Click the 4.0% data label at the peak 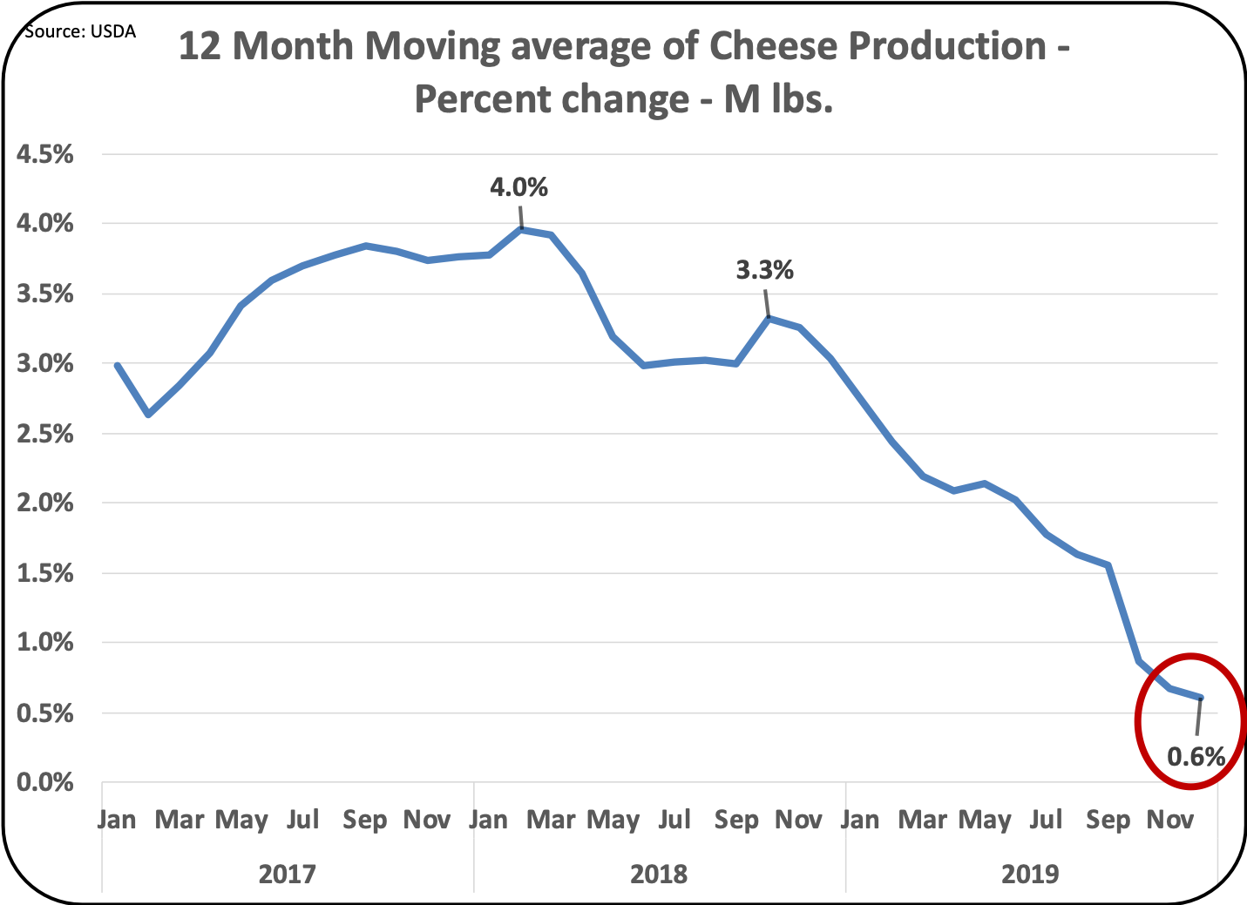(518, 187)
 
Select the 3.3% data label (764, 270)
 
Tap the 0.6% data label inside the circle (1196, 756)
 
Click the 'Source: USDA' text (80, 32)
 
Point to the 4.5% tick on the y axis (45, 154)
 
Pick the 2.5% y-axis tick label (45, 434)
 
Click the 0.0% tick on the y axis (45, 782)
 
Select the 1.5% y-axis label (45, 573)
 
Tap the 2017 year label (287, 873)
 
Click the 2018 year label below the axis (659, 873)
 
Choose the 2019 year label (1030, 873)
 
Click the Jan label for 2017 (117, 820)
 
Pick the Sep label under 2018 (736, 820)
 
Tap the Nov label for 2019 (1169, 820)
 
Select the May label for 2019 (985, 820)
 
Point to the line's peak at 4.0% (521, 229)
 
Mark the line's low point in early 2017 (148, 415)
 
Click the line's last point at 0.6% (1201, 698)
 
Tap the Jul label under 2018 (674, 820)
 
